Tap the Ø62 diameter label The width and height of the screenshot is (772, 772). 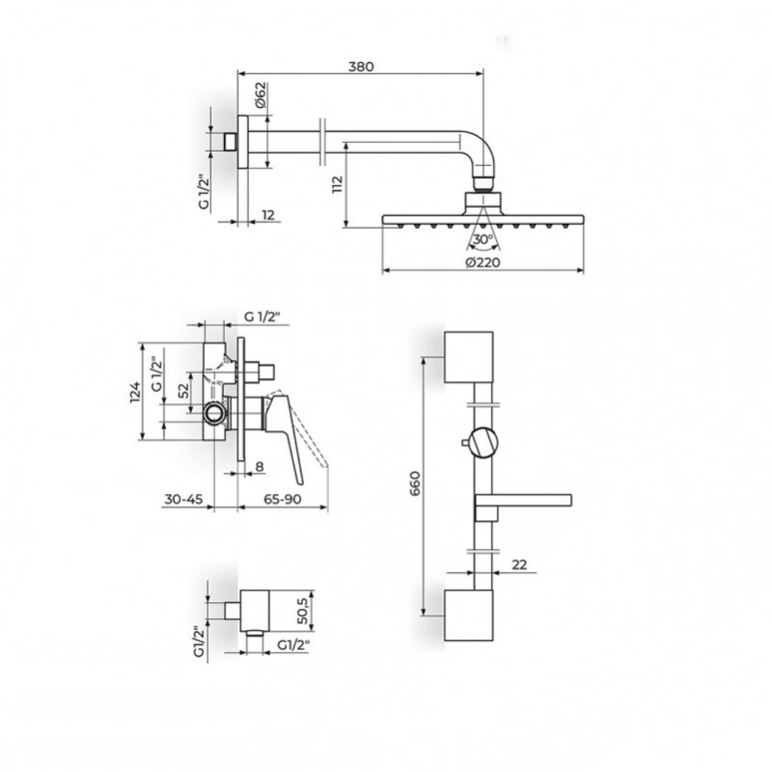(x=260, y=96)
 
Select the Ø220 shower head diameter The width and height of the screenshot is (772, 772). (x=483, y=262)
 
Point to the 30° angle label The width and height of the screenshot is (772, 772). (x=483, y=239)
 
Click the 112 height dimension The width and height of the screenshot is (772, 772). (x=338, y=185)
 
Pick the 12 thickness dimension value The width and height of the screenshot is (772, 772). (x=268, y=215)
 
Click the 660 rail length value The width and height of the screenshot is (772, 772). (x=416, y=483)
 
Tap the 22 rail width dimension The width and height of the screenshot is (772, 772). (x=519, y=565)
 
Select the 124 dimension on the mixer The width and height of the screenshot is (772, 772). (x=136, y=391)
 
